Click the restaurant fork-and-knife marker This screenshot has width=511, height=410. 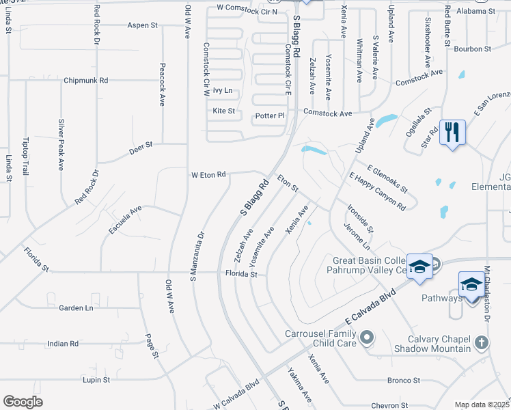[x=452, y=132]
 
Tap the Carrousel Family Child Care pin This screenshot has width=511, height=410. [x=368, y=337]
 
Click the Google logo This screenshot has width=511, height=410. [x=23, y=402]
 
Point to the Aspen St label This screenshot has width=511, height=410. [x=143, y=25]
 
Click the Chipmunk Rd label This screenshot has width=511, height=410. [x=85, y=80]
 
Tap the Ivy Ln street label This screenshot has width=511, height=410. [x=223, y=90]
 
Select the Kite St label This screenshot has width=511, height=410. [x=224, y=110]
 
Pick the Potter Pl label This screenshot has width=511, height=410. [x=269, y=115]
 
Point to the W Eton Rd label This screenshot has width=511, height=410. [x=208, y=175]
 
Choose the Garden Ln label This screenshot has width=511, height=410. [x=75, y=308]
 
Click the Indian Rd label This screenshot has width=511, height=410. [x=63, y=344]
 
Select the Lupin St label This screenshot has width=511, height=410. [x=96, y=379]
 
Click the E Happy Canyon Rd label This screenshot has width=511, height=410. [x=377, y=191]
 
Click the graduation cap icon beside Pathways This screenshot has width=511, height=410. [x=471, y=284]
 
